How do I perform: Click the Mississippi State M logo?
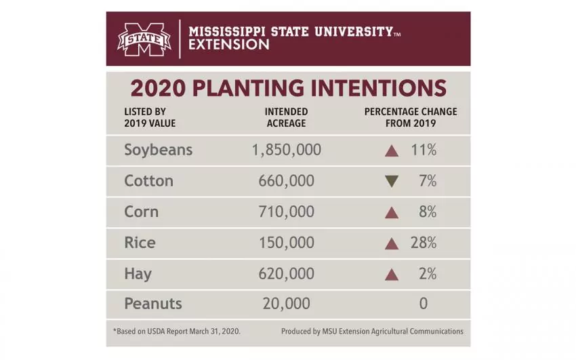click(144, 39)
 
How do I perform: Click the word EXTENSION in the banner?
click(228, 45)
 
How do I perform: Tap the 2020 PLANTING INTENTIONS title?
click(288, 89)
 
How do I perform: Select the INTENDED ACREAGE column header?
click(286, 117)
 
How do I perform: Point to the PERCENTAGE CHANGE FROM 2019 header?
click(411, 117)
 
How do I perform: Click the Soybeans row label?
click(158, 150)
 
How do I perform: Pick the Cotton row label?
click(148, 181)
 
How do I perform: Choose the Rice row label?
click(140, 243)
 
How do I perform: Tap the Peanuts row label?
click(152, 304)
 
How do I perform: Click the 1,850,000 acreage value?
click(286, 150)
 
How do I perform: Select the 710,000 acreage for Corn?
click(286, 212)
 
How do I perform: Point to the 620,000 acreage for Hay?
click(286, 274)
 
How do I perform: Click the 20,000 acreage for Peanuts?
click(286, 304)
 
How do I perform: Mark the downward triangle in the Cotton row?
click(391, 182)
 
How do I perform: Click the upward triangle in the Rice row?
click(391, 243)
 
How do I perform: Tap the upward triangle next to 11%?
click(391, 151)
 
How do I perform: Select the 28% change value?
click(423, 243)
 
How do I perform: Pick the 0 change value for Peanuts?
click(423, 304)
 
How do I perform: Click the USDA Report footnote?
click(176, 332)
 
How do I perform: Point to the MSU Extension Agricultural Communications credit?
click(372, 332)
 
